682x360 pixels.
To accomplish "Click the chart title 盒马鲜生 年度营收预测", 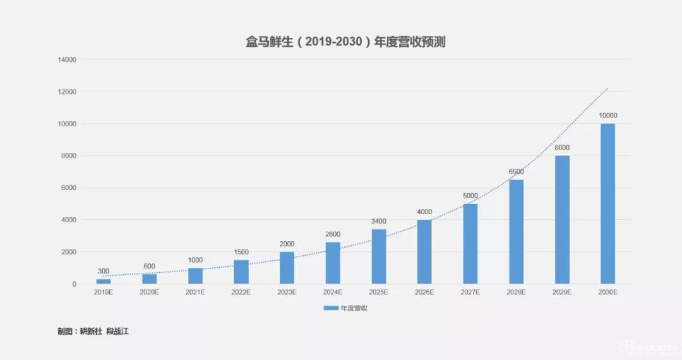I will (x=340, y=42).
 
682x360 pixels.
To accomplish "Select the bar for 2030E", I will (x=607, y=203).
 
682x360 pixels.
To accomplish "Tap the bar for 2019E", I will (x=104, y=281).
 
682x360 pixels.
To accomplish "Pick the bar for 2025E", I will (x=378, y=256).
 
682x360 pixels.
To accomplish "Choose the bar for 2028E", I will (x=516, y=231).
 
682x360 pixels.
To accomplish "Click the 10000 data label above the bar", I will (x=607, y=116).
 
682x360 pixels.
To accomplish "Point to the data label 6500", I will (x=516, y=172).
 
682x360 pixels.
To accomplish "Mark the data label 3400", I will (x=378, y=221).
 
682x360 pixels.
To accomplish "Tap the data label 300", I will (x=104, y=271).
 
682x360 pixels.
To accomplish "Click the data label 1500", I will (x=241, y=252).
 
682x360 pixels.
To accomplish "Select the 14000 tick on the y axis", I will (x=66, y=60).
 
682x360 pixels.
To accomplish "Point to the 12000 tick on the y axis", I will (x=66, y=92).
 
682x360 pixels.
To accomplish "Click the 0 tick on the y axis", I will (x=74, y=284).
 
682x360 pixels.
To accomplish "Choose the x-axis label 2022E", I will (x=241, y=293).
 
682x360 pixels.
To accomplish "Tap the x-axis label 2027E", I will (x=470, y=293).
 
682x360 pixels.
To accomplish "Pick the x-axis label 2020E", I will (x=149, y=293).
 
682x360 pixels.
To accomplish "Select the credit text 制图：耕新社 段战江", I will (x=93, y=331).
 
